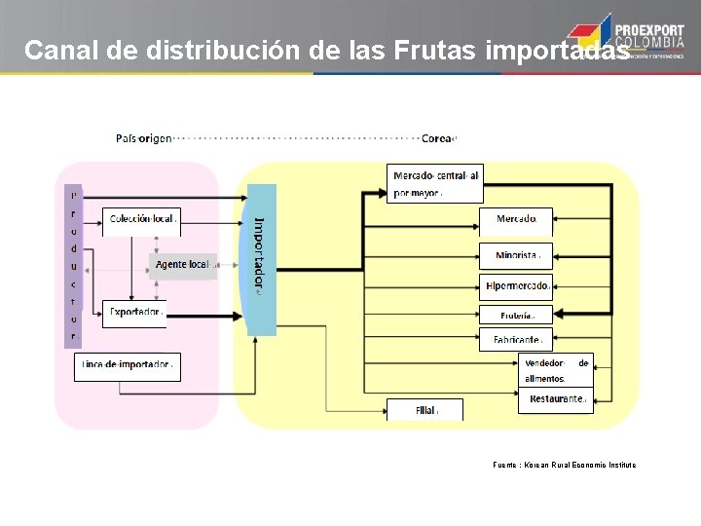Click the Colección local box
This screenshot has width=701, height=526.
coord(142,220)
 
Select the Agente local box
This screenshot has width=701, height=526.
coord(183,265)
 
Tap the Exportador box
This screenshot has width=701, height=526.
coord(134,313)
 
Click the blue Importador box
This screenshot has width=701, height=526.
coord(262,259)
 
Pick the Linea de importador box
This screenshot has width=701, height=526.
coord(128,366)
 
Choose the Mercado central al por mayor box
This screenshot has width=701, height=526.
coord(435,183)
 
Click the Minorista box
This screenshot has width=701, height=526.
coord(516,256)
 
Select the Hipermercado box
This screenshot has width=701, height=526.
coord(516,285)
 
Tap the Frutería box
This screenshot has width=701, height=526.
coord(516,315)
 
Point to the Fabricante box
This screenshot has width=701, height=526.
coord(516,340)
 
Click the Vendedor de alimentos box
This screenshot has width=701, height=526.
coord(556,370)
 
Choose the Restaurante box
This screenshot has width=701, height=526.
coord(556,399)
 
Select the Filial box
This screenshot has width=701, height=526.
coord(425,410)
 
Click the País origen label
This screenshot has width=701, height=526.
coord(143,138)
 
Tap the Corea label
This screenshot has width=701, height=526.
coord(437,138)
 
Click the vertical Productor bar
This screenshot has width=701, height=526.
coord(73,265)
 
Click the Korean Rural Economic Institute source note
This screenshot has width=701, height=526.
coord(565,466)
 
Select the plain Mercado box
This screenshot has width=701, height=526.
coord(516,219)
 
